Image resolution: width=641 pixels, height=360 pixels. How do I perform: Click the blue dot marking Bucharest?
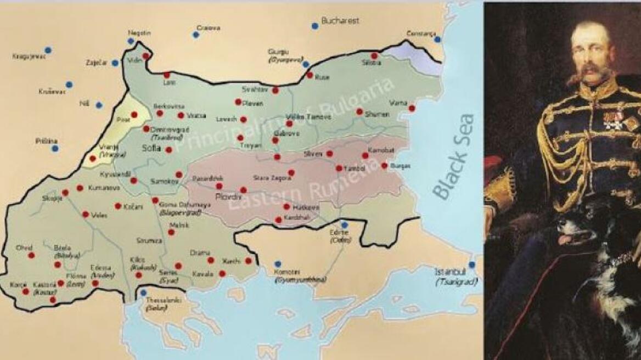[x=314, y=26]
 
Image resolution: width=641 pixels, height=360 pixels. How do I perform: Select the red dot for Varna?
[x=412, y=108]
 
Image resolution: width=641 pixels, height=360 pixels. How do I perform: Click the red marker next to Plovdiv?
[x=244, y=190]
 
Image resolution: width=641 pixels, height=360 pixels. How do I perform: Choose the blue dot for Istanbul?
[x=472, y=265]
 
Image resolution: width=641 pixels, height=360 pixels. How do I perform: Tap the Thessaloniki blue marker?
[x=143, y=292]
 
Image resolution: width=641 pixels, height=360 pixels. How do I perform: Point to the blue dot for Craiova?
[x=195, y=35]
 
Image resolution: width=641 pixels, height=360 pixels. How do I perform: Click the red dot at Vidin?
[x=146, y=56]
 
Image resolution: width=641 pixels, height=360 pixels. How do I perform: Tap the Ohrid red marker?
[x=31, y=255]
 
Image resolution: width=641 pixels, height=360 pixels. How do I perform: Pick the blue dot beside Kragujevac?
[x=48, y=50]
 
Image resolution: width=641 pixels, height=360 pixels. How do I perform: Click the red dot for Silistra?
[x=374, y=55]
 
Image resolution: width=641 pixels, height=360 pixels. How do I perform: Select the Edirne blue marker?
[x=344, y=224]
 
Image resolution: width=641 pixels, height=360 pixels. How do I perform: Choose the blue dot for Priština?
[x=55, y=148]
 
